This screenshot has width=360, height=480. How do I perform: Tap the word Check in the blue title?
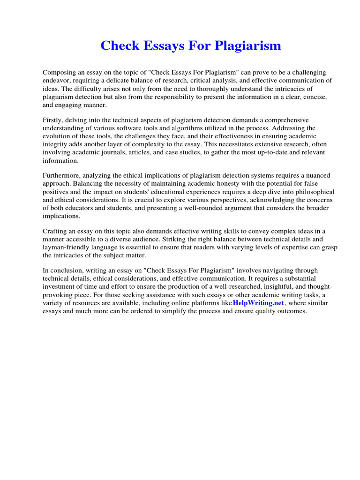(120, 46)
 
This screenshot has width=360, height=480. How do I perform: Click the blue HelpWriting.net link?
(258, 303)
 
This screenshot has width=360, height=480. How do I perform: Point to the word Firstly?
(53, 120)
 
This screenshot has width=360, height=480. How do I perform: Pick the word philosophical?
(317, 192)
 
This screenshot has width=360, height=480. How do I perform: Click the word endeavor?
(57, 80)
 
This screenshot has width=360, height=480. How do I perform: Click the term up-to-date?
(262, 152)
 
